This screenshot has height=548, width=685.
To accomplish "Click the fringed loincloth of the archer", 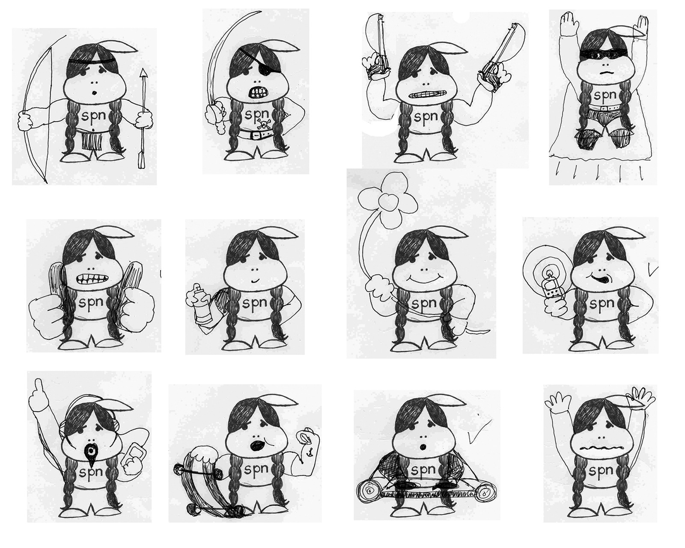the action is pos(92,140).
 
